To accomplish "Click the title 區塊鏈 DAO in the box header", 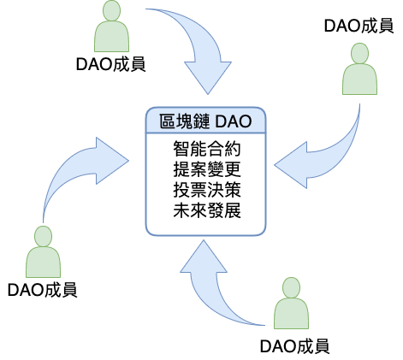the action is tap(205, 121).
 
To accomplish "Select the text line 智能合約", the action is tap(207, 149).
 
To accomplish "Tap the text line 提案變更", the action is tap(207, 169).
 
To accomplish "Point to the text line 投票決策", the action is tap(207, 190).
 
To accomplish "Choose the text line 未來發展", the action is tap(207, 210).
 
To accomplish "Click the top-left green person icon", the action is tap(111, 27).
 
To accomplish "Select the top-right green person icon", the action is tap(359, 68).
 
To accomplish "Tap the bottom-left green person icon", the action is tap(43, 251).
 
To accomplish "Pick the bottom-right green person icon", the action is tap(291, 303).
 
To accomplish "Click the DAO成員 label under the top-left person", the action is tap(111, 64).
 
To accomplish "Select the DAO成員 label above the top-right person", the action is tap(359, 26).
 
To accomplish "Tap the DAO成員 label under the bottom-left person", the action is tap(42, 290).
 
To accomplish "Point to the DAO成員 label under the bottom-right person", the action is tap(294, 346).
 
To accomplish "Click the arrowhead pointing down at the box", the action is tap(208, 76).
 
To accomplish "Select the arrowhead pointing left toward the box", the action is tap(291, 165).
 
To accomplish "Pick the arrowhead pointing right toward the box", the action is tap(112, 161).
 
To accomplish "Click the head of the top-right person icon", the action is tap(359, 53).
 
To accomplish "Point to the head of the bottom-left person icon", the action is tap(43, 236).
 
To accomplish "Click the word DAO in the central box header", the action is tap(234, 121).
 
